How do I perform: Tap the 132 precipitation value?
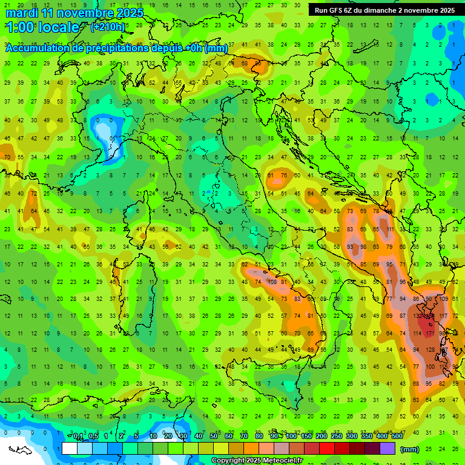coord(418,316)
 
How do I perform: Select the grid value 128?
coord(431,350)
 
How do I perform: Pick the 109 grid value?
coord(444,299)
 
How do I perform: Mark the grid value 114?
coord(417,333)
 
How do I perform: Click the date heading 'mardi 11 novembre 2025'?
coord(74,13)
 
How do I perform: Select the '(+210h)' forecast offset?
coord(108,27)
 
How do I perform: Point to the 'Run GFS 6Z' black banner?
coord(384,10)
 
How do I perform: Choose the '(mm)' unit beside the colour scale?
coord(410,449)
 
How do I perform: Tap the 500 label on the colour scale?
coord(397,437)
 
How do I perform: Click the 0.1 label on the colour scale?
coord(78,437)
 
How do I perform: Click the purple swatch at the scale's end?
coord(387,449)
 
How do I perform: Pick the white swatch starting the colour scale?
coord(70,449)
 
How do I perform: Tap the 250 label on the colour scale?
coord(337,437)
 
